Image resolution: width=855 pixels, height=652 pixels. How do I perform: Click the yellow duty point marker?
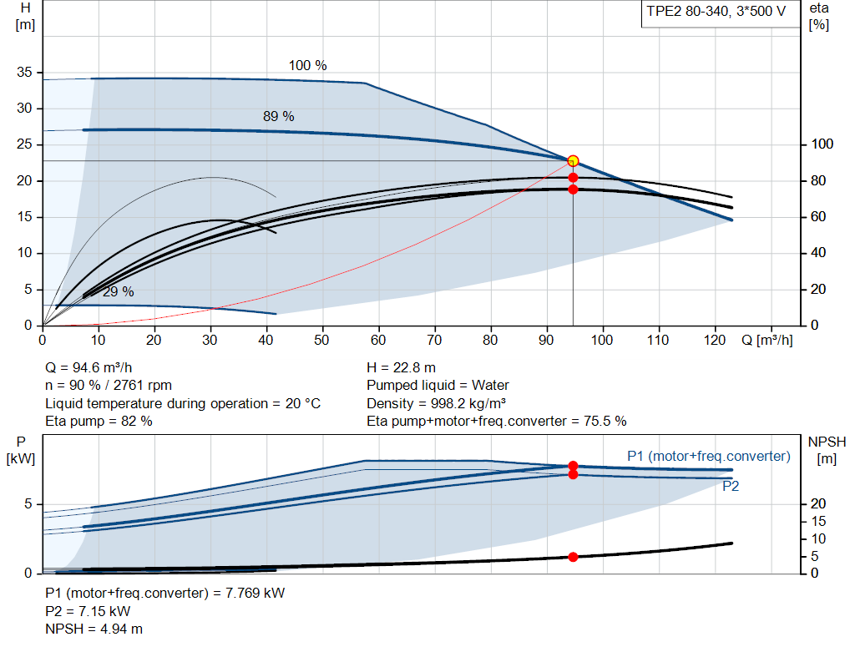point(573,161)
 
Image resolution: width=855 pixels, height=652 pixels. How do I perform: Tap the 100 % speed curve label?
point(307,65)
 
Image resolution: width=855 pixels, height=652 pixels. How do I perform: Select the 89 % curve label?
point(279,116)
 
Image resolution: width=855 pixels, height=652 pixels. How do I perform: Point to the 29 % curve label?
point(119,291)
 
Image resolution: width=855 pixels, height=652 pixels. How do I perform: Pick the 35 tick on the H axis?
point(24,72)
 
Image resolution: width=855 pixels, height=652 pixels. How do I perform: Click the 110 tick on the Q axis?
point(658,340)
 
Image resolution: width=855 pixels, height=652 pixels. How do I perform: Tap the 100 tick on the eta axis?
point(822,144)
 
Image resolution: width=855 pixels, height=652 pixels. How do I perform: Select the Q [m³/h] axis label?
point(766,340)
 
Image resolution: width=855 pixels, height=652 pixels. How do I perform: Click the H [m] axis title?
point(25,17)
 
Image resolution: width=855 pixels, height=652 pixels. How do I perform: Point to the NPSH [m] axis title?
point(827,450)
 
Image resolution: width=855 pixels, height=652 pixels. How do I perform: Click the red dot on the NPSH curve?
point(573,557)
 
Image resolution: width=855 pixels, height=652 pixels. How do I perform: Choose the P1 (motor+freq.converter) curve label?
point(708,457)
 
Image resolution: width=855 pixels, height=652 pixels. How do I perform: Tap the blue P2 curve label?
point(731,486)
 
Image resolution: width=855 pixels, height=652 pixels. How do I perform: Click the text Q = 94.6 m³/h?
point(89,368)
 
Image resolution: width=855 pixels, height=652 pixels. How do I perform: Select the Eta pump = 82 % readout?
point(99,422)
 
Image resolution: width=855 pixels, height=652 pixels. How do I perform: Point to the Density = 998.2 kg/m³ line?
point(436,403)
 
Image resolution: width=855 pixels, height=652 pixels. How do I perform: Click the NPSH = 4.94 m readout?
point(94,629)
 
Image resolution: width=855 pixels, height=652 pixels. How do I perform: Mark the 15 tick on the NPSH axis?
point(818,521)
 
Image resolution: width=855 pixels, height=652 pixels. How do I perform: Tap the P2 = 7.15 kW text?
point(88,611)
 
